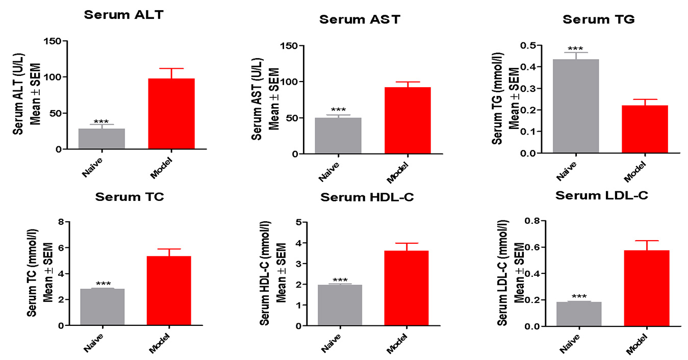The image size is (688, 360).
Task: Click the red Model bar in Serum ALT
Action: [x=171, y=114]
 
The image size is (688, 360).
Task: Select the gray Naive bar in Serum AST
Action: [x=338, y=135]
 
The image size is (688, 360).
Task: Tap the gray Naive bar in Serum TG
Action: [x=575, y=106]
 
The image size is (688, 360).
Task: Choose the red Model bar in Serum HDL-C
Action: [x=406, y=288]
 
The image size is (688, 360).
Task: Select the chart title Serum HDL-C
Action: [x=367, y=197]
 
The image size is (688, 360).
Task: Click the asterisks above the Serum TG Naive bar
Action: [x=576, y=47]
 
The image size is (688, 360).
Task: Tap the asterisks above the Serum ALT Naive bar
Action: [x=101, y=122]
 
